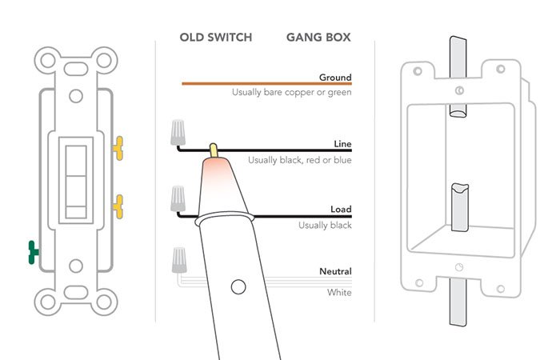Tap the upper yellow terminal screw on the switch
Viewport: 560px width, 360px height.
(x=119, y=146)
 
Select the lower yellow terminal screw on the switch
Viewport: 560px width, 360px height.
(x=119, y=207)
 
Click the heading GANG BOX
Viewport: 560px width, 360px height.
(x=318, y=38)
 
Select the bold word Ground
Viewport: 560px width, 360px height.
(x=335, y=78)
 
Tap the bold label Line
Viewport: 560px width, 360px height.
(x=342, y=145)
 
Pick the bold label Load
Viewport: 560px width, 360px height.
(x=341, y=210)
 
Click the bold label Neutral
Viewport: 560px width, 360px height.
(x=336, y=272)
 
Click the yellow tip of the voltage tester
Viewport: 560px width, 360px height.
(x=214, y=150)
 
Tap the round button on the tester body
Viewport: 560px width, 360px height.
(x=237, y=286)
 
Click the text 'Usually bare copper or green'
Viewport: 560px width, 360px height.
(x=292, y=92)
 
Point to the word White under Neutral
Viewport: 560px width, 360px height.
(x=339, y=293)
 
